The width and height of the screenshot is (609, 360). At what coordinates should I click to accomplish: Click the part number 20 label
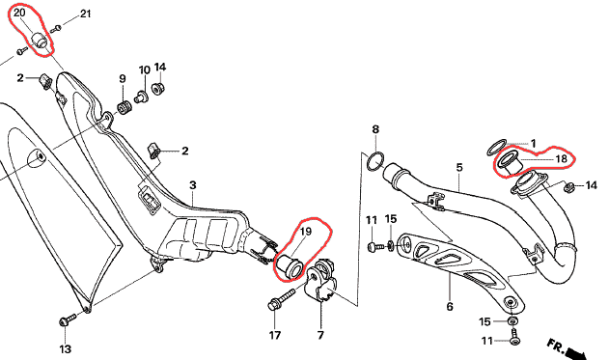[x=19, y=13]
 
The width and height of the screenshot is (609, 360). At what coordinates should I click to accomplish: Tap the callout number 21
[x=86, y=14]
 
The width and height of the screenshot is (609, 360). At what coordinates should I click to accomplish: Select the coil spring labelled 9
[x=125, y=107]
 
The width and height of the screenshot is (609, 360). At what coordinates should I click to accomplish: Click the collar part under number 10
[x=140, y=97]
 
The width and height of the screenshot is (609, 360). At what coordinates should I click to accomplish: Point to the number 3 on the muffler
[x=193, y=185]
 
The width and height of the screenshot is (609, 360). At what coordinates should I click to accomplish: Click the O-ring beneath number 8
[x=375, y=161]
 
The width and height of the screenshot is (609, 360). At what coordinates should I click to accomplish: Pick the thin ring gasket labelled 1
[x=496, y=148]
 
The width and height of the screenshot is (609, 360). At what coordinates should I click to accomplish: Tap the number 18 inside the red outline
[x=562, y=158]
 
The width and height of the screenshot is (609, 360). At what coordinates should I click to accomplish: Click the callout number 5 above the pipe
[x=459, y=168]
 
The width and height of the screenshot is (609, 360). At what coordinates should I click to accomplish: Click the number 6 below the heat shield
[x=450, y=307]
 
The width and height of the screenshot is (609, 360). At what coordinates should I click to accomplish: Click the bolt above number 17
[x=280, y=300]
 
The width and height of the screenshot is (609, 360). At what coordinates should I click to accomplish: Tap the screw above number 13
[x=68, y=319]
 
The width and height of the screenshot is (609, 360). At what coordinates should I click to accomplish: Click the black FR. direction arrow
[x=575, y=353]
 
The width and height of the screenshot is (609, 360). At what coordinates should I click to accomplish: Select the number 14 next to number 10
[x=160, y=68]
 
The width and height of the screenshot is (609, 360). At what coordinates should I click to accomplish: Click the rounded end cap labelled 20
[x=39, y=40]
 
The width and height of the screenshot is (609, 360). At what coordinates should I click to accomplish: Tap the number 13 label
[x=66, y=348]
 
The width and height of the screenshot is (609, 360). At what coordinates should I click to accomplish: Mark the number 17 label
[x=275, y=335]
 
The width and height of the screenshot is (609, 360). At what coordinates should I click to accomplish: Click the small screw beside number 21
[x=57, y=27]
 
